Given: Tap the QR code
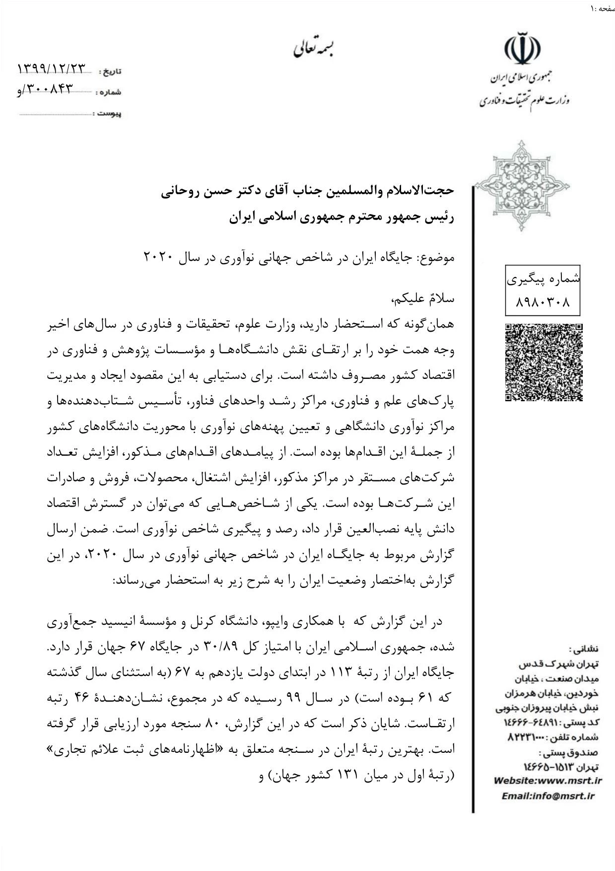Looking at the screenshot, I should [x=544, y=362].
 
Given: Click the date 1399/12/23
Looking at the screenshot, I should [x=52, y=69].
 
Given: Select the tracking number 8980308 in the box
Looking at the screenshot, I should [x=544, y=301].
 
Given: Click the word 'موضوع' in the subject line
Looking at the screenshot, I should [x=436, y=258].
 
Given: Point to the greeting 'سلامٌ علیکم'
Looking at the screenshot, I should [x=423, y=299].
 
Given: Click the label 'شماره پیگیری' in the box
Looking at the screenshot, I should [x=544, y=279].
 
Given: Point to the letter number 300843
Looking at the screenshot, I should [x=49, y=89].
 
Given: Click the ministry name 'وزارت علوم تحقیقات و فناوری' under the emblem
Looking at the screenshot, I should [x=524, y=101].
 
